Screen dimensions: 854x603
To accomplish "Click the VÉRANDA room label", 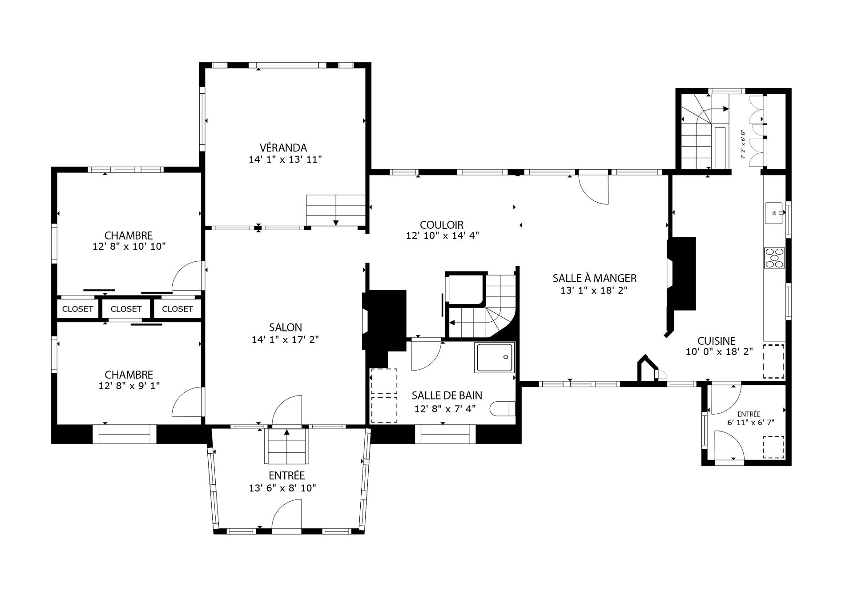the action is point(283,148).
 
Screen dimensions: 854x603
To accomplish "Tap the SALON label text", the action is point(286,327).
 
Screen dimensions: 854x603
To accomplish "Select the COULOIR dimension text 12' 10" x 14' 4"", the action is point(442,236).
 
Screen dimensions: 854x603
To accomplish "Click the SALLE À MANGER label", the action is point(595,278).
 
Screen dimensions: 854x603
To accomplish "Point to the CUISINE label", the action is point(716,341).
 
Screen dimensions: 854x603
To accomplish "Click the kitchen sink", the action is point(775,214).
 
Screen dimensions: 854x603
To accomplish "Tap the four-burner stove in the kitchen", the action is point(775,258).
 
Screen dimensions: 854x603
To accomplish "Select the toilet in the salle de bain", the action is point(503,408).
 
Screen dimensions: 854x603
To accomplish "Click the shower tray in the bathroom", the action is point(495,357).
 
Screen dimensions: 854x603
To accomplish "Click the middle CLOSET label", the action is point(126,309).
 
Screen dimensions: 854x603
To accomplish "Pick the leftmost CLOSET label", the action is point(77,309).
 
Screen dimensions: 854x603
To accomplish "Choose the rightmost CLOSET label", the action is point(177,309).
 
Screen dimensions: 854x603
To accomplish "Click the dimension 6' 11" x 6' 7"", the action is point(751,423).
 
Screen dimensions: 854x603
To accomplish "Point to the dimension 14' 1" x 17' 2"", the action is point(286,340).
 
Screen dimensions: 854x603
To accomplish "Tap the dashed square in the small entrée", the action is point(774,447).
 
